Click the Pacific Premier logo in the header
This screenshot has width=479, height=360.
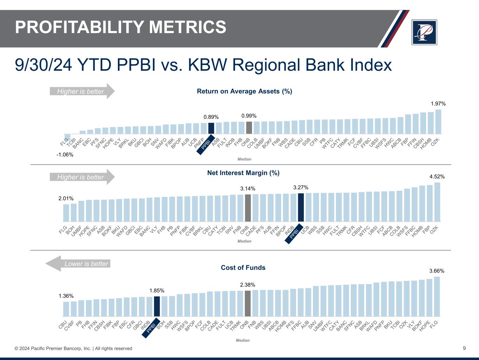pos(424,32)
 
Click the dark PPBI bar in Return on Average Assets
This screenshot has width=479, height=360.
pos(211,128)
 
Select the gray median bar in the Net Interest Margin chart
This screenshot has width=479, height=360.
pos(248,208)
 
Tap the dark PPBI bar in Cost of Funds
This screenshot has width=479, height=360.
pos(157,306)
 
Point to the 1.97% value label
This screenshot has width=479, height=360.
pos(438,104)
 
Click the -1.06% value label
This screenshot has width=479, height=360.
pos(65,154)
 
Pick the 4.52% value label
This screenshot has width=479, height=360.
pos(437,176)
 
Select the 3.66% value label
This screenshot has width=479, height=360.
pos(437,271)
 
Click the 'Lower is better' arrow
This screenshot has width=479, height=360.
pos(78,264)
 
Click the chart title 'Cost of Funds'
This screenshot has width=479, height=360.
pos(243,268)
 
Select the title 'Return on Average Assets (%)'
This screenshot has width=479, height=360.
pos(244,91)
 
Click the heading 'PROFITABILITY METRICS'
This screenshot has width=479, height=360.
pos(120,27)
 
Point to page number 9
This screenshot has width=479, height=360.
pos(464,348)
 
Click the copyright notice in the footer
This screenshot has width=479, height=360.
pos(73,348)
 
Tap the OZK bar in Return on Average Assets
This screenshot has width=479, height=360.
pos(438,122)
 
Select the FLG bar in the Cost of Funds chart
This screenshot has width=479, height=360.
pos(437,296)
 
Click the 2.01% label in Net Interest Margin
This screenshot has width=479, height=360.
pos(66,199)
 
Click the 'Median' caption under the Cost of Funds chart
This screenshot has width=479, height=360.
pos(243,340)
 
